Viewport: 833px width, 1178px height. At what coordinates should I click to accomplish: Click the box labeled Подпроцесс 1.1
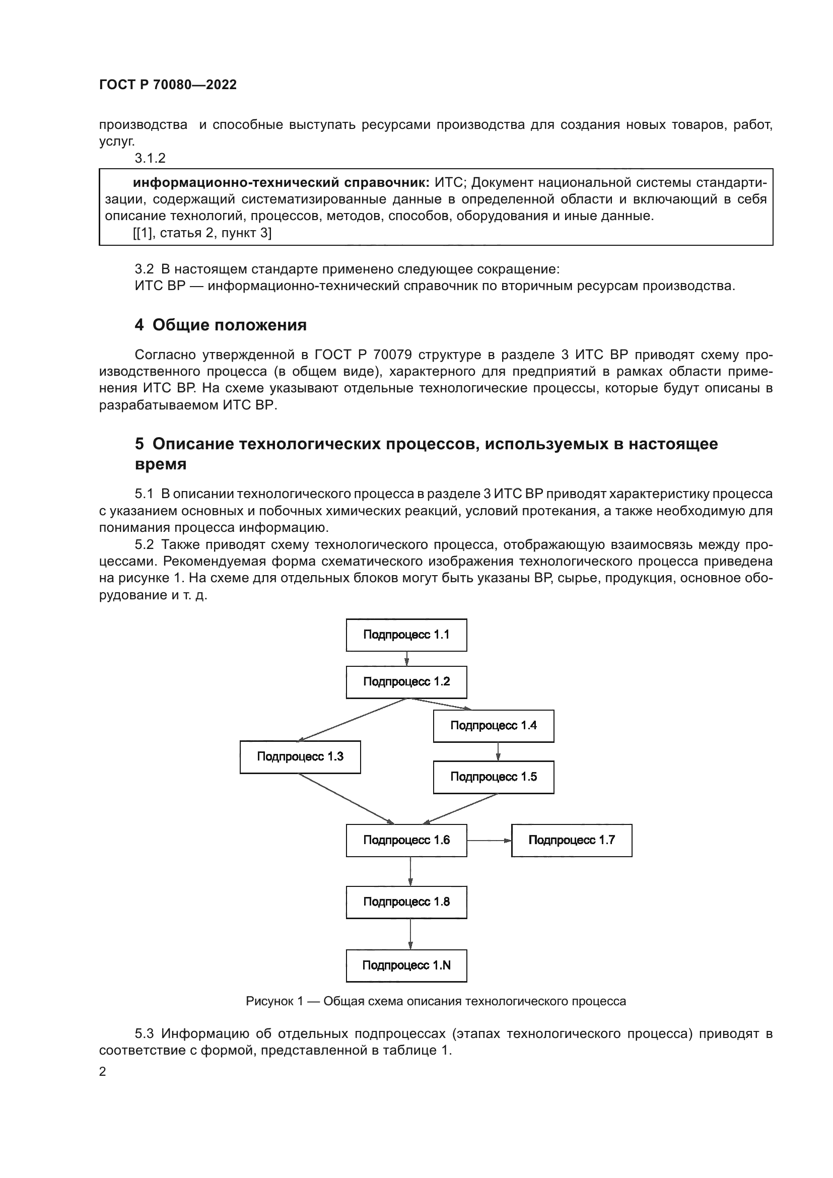tap(406, 635)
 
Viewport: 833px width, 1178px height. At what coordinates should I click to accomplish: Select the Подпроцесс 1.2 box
tap(406, 682)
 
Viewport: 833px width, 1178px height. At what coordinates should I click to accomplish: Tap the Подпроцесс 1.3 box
tap(300, 757)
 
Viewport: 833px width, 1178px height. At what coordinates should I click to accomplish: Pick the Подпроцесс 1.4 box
tap(494, 725)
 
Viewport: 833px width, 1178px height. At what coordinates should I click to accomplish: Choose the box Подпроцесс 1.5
tap(494, 777)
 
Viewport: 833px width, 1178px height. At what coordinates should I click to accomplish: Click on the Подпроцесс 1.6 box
tap(406, 840)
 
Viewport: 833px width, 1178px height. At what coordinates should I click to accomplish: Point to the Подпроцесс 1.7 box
tap(572, 840)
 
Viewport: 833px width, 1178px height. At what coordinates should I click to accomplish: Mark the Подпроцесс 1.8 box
tap(406, 902)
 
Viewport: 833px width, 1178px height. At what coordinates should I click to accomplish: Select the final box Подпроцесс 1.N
tap(406, 965)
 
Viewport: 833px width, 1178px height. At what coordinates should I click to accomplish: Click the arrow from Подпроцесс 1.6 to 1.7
tap(489, 841)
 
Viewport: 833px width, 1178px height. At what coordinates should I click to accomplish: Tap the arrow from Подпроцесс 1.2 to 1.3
tap(352, 720)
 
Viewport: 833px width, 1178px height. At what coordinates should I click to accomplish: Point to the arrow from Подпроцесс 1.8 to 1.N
tap(410, 934)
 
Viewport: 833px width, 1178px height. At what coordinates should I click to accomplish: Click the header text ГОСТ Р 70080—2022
tap(168, 85)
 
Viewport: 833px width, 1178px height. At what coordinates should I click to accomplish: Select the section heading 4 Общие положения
tap(221, 325)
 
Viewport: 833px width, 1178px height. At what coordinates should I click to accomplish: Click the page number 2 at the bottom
tap(103, 1071)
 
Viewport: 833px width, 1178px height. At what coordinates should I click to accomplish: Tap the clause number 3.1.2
tap(150, 158)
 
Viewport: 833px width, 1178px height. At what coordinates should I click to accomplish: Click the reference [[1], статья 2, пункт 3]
tap(202, 234)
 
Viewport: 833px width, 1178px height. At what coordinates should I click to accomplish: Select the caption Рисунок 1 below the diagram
tap(436, 1001)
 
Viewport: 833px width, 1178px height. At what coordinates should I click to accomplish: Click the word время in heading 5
tap(161, 464)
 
